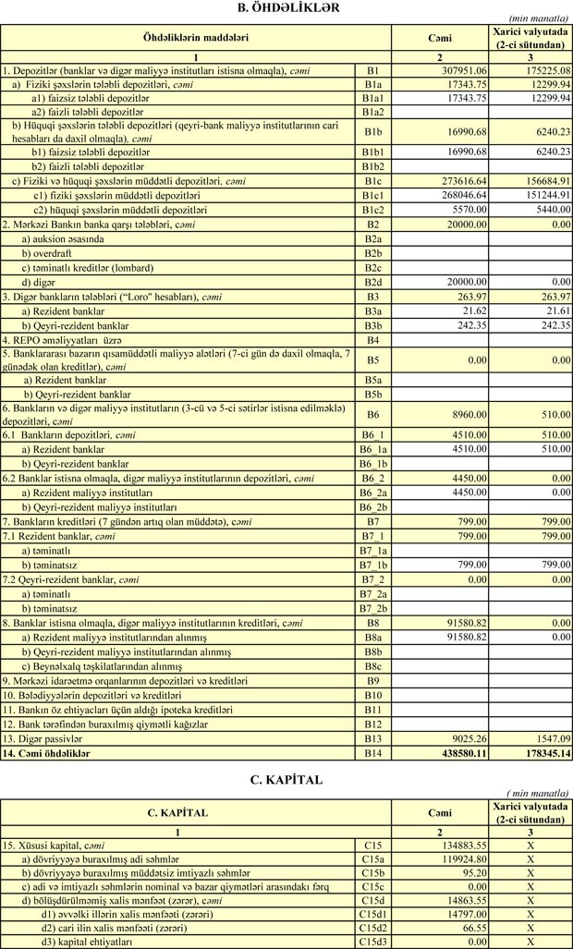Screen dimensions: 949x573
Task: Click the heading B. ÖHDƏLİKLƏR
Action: point(286,8)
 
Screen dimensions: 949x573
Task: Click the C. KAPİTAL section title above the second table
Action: point(286,780)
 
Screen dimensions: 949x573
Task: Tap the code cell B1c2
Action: point(372,210)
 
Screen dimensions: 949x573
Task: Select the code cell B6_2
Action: point(372,479)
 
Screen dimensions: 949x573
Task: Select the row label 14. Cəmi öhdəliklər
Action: point(50,754)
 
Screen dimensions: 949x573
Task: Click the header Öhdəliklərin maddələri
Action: point(195,38)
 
